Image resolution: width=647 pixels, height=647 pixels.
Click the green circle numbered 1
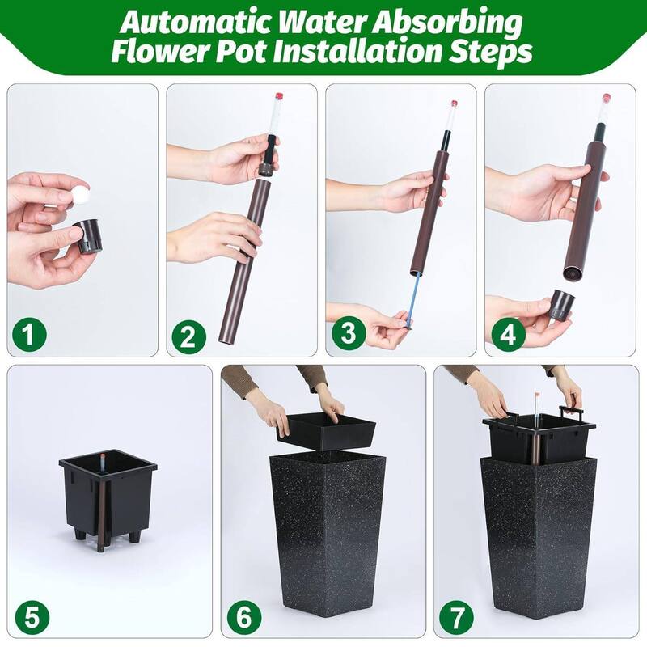coord(28,333)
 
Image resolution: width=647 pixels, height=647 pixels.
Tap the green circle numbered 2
coord(188,336)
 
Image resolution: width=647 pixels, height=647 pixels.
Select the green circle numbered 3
coord(349,332)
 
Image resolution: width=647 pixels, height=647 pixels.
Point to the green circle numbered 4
coord(508,334)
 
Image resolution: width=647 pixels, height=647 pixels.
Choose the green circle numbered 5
coord(32,618)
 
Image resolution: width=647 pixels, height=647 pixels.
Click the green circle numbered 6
coord(244,618)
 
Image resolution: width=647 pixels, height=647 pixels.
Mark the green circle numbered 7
coord(456,618)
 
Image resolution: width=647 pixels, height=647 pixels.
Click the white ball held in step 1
coord(80,195)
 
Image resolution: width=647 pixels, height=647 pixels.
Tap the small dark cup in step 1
coord(88,236)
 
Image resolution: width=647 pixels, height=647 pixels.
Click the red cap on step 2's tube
coord(279,96)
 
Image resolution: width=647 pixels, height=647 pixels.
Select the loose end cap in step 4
coord(561,305)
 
